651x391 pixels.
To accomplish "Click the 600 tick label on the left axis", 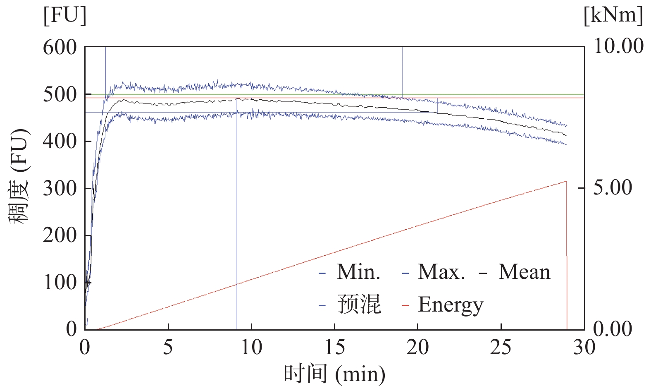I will pyautogui.click(x=60, y=48).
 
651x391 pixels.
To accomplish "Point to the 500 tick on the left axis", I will pyautogui.click(x=60, y=95).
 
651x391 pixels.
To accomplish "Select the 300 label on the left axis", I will pyautogui.click(x=60, y=189).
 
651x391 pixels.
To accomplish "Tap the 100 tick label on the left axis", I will pyautogui.click(x=60, y=283).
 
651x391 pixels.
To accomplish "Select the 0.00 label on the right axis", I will pyautogui.click(x=613, y=329).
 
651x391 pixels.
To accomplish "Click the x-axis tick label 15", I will pyautogui.click(x=334, y=347).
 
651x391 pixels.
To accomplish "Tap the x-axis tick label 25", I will pyautogui.click(x=501, y=347).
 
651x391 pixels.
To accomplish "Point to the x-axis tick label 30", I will pyautogui.click(x=584, y=347).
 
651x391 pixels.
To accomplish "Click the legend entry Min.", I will pyautogui.click(x=358, y=272).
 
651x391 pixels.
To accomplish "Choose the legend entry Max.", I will pyautogui.click(x=441, y=272).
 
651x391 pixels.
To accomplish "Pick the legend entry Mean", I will pyautogui.click(x=524, y=272).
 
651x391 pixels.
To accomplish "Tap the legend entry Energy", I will pyautogui.click(x=451, y=305).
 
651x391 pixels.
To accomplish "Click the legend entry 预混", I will pyautogui.click(x=359, y=305).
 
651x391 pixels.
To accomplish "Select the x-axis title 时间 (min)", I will pyautogui.click(x=334, y=374).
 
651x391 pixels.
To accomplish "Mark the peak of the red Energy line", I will pyautogui.click(x=566, y=181).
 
